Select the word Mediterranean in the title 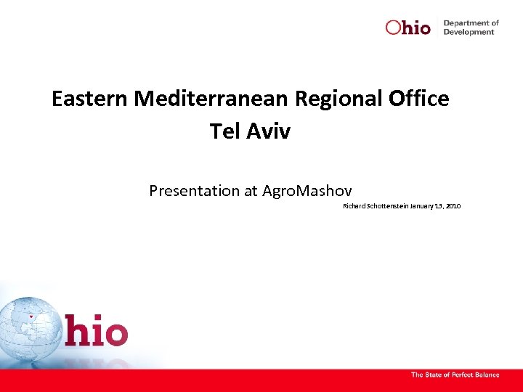tap(211, 99)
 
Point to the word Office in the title tap(421, 99)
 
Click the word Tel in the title tap(223, 131)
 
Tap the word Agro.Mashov tap(307, 191)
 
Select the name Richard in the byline tap(354, 207)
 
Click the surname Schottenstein tap(386, 207)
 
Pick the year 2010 tap(453, 207)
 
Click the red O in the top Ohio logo tap(393, 28)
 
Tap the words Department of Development tap(471, 28)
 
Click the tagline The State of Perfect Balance tap(455, 375)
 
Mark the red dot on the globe tap(31, 317)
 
